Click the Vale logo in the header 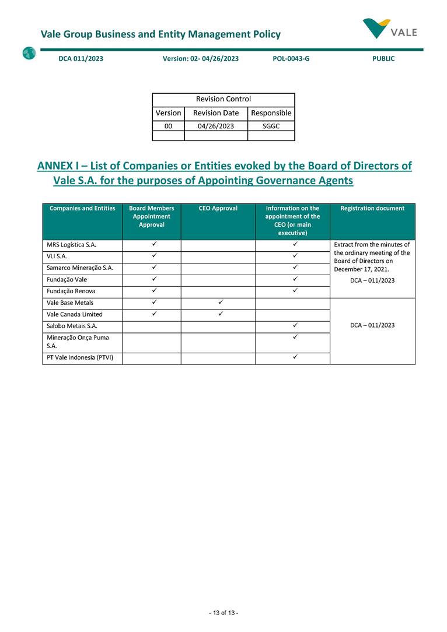click(x=389, y=28)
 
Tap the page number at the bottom click(x=223, y=613)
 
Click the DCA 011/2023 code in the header click(x=81, y=58)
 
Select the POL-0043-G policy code click(x=291, y=58)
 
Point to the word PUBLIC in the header click(x=383, y=58)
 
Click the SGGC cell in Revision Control click(x=271, y=125)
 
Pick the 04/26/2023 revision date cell click(x=215, y=125)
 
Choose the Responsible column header click(x=271, y=113)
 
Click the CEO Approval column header click(x=218, y=208)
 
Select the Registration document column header click(x=372, y=208)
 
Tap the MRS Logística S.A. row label click(x=71, y=245)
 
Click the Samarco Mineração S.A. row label click(x=79, y=268)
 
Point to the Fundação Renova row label click(x=71, y=291)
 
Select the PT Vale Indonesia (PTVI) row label click(x=79, y=358)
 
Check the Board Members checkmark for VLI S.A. click(x=152, y=255)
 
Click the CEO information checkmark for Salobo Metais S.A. click(x=295, y=325)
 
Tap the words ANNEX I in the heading click(x=60, y=166)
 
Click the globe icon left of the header click(x=29, y=54)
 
